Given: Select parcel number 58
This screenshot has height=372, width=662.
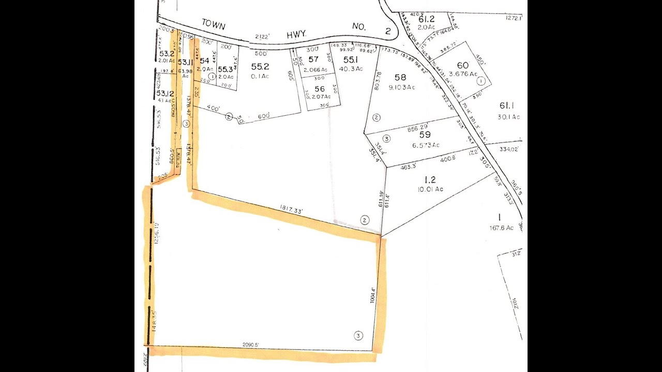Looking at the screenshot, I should [400, 78].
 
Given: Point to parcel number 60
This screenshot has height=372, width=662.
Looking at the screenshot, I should [462, 65].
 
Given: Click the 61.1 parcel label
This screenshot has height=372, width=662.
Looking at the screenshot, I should [508, 106].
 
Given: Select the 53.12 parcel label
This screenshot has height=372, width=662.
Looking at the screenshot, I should [165, 94].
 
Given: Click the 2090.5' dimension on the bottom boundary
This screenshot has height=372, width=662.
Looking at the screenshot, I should [250, 345].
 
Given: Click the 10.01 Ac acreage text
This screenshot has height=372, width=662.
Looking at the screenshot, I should [430, 189].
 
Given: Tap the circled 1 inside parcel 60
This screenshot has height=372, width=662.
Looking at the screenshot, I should [480, 81].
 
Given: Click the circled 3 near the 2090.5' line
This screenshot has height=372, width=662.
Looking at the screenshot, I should [358, 335].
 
